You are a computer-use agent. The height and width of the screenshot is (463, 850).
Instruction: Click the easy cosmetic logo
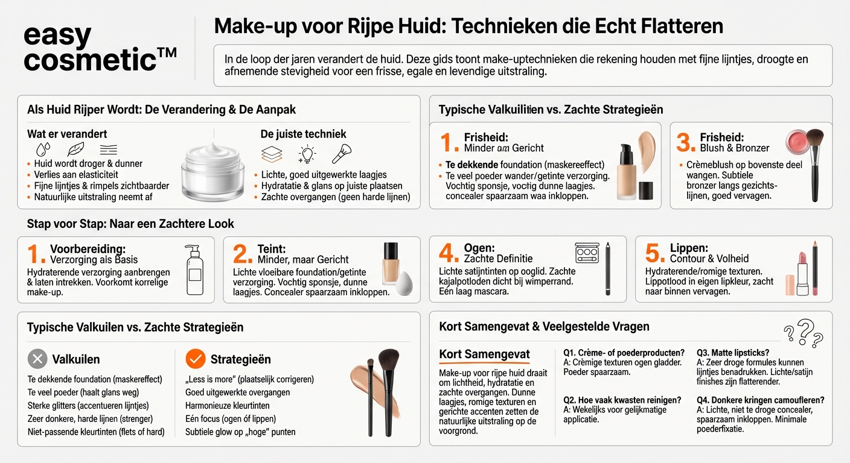pyautogui.click(x=99, y=48)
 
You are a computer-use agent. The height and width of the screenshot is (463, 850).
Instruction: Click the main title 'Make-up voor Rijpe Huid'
pyautogui.click(x=468, y=27)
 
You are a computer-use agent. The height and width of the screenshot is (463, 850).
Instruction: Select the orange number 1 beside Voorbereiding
pyautogui.click(x=36, y=255)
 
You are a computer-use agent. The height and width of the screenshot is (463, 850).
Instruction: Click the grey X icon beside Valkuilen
pyautogui.click(x=37, y=359)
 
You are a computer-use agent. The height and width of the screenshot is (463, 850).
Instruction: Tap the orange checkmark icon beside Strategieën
pyautogui.click(x=195, y=359)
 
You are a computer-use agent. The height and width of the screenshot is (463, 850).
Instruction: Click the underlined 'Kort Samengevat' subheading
pyautogui.click(x=484, y=354)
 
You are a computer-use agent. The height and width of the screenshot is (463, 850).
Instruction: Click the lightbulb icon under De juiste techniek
pyautogui.click(x=307, y=154)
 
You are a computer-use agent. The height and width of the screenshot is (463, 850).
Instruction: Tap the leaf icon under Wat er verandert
pyautogui.click(x=75, y=150)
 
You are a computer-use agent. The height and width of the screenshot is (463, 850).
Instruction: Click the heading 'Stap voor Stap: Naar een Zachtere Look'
pyautogui.click(x=130, y=224)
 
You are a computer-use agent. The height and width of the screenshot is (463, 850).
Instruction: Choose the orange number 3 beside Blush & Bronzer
pyautogui.click(x=686, y=142)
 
